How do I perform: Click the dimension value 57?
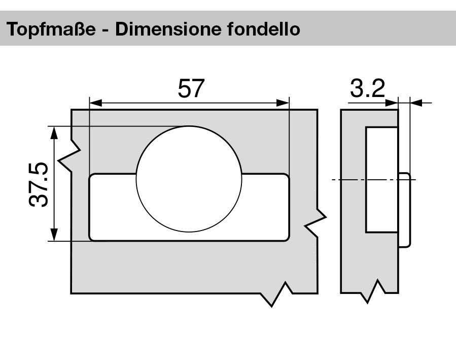[x=190, y=89]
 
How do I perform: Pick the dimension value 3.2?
[x=367, y=89]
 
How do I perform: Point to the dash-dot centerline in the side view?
[x=350, y=180]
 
